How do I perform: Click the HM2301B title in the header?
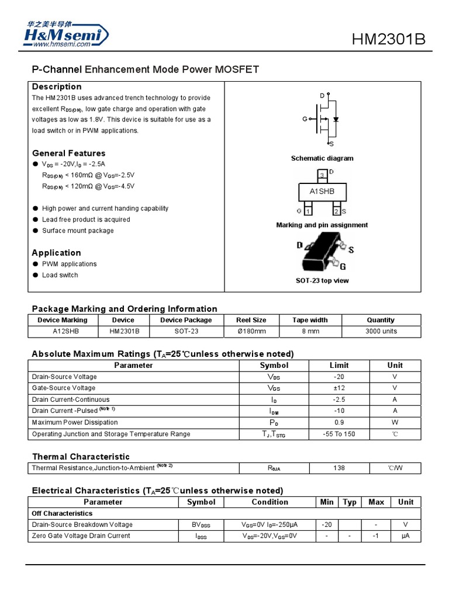(388, 39)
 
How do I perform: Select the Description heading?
(57, 87)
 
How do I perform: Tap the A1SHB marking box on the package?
(322, 192)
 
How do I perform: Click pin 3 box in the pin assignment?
(322, 175)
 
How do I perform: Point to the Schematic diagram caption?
(322, 158)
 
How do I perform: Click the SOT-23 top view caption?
(322, 281)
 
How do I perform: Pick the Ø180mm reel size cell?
(251, 331)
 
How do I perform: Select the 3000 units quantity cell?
(381, 331)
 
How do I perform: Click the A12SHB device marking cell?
(62, 331)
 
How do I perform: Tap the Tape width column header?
(310, 320)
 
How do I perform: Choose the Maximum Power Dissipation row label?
(75, 422)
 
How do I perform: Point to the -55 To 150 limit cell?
(339, 434)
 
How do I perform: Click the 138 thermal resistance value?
(339, 468)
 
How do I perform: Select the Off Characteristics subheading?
(62, 513)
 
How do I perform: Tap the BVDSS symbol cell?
(201, 524)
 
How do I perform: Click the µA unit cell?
(405, 536)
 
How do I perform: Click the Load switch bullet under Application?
(60, 275)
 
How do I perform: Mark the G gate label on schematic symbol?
(305, 119)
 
